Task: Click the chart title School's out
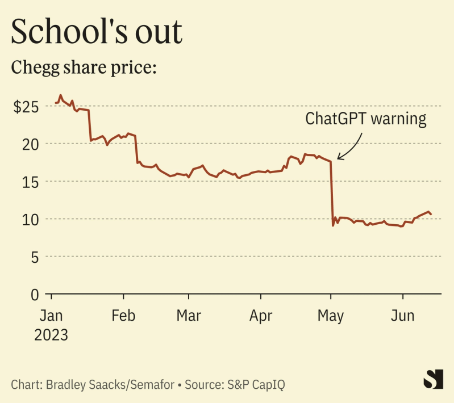97,32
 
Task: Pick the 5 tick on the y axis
37,257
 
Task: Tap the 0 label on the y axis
37,294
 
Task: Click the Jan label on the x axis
51,315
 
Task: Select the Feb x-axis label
123,315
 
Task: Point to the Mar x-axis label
189,315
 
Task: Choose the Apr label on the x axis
261,315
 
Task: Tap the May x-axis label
331,315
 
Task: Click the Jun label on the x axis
402,315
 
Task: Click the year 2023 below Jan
51,334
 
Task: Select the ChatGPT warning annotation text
365,119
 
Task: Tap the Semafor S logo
433,379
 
